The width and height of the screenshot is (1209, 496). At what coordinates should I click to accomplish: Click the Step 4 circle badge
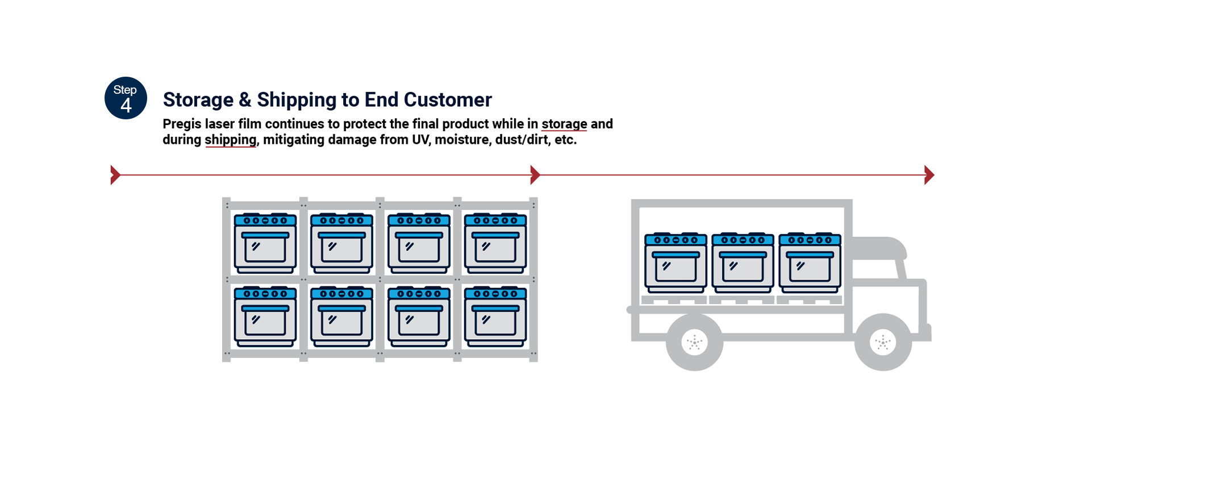tap(126, 98)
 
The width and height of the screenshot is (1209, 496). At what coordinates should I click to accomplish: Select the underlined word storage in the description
tap(564, 124)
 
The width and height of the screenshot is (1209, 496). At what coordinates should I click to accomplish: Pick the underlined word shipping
tap(230, 140)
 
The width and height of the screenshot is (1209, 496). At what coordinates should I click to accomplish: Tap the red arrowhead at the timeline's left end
tap(115, 175)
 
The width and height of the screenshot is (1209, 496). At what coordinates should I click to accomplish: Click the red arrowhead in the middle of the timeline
tap(535, 175)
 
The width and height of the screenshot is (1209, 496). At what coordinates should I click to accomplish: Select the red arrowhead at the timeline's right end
tap(929, 175)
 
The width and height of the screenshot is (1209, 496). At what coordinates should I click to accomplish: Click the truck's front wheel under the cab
tap(883, 342)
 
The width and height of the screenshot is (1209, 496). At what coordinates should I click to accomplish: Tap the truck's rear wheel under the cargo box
tap(694, 342)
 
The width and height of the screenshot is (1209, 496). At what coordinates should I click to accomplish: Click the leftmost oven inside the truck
tap(676, 262)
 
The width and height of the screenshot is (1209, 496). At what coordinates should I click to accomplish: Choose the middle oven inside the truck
tap(743, 262)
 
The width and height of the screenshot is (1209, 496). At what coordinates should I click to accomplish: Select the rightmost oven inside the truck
tap(810, 262)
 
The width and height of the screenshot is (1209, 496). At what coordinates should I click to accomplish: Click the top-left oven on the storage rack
tap(265, 243)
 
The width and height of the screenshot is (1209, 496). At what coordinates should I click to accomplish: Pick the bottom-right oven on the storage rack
tap(495, 316)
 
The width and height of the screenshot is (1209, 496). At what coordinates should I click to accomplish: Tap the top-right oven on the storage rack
tap(495, 243)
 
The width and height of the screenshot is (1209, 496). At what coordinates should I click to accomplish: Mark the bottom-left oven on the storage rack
tap(265, 316)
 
